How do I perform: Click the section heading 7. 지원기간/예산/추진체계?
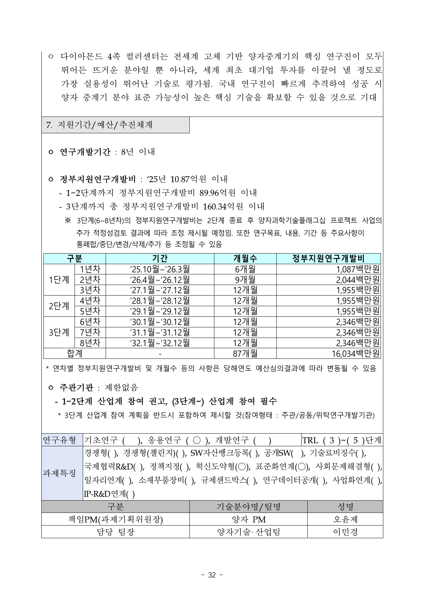(x=99, y=125)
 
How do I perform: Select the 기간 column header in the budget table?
(x=160, y=259)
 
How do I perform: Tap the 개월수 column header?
(x=245, y=259)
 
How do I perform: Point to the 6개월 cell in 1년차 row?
(x=245, y=269)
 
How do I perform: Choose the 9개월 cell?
(x=245, y=280)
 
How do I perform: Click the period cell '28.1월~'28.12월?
(x=160, y=301)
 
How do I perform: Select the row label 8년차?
(x=90, y=343)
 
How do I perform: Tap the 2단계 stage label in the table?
(x=59, y=306)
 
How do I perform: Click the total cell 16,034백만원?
(x=356, y=353)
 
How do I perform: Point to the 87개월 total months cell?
(x=245, y=353)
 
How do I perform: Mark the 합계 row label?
(x=74, y=353)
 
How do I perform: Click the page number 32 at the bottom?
(x=212, y=575)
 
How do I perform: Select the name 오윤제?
(x=345, y=519)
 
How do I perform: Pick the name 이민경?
(x=345, y=532)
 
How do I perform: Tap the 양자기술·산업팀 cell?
(x=248, y=532)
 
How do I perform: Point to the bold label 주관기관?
(x=76, y=387)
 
